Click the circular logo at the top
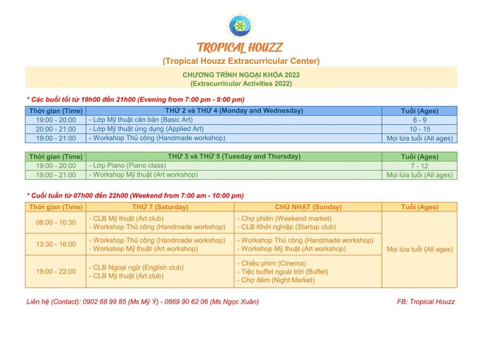(x=241, y=25)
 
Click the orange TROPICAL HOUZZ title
(x=240, y=48)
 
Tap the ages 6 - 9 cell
(x=419, y=120)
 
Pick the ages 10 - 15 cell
(x=419, y=129)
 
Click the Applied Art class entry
(x=147, y=129)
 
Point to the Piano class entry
(x=127, y=166)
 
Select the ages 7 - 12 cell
(x=419, y=166)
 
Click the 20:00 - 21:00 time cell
(x=56, y=129)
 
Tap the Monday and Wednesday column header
(x=233, y=111)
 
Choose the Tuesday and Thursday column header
(x=234, y=157)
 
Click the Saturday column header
(x=160, y=207)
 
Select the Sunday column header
(x=308, y=207)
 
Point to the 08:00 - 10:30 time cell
(x=56, y=223)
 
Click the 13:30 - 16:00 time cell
(x=56, y=244)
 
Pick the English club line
(x=136, y=268)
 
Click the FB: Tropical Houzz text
(x=425, y=302)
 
